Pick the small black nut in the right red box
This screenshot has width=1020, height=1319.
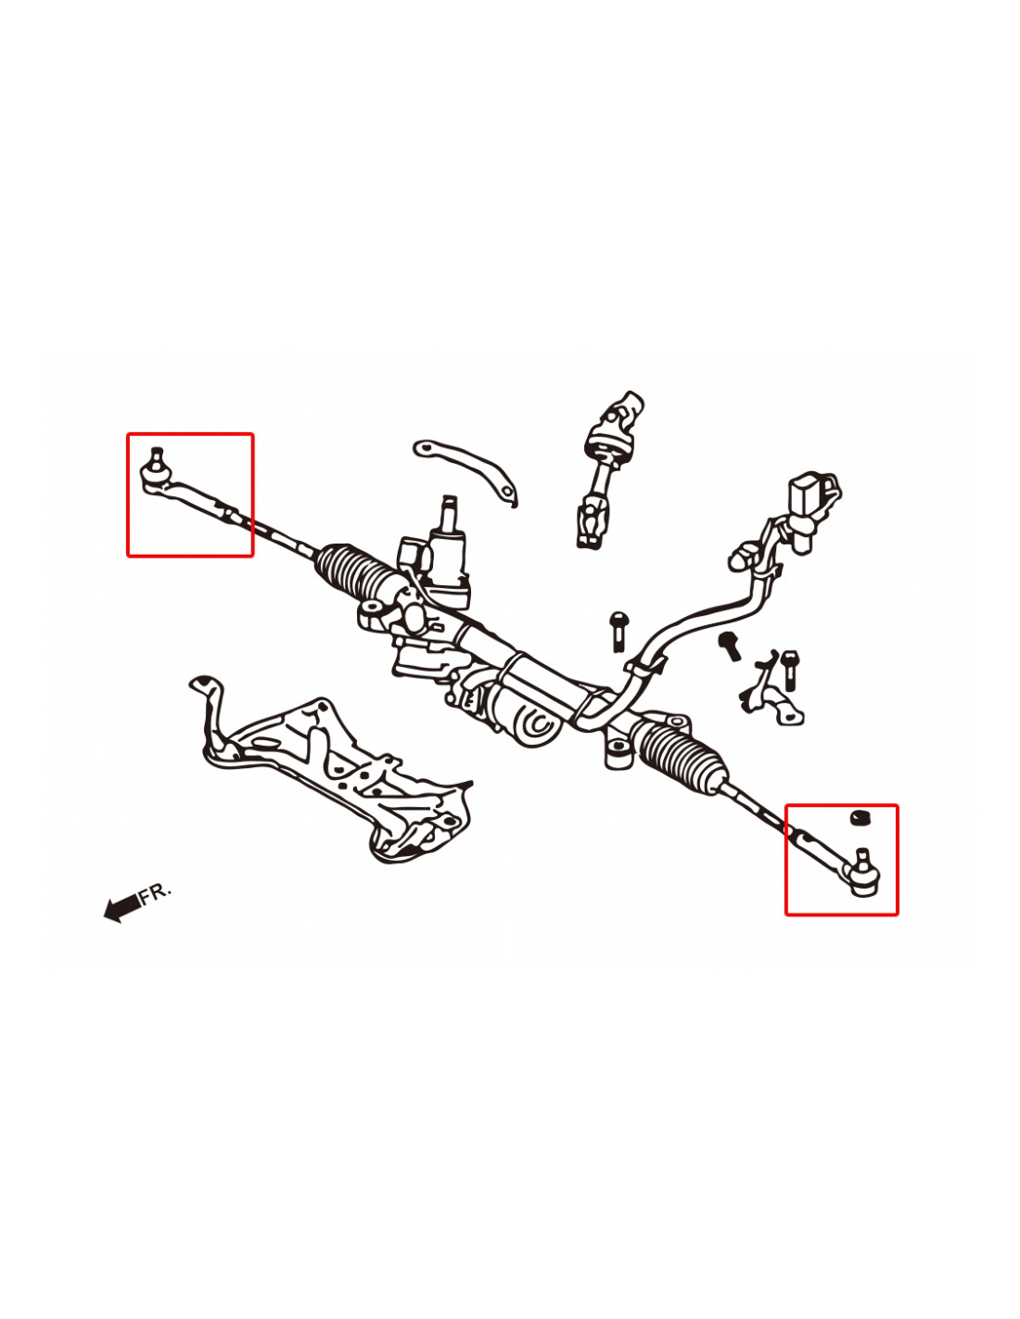857,817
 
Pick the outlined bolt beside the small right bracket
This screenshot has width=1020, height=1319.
789,670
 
